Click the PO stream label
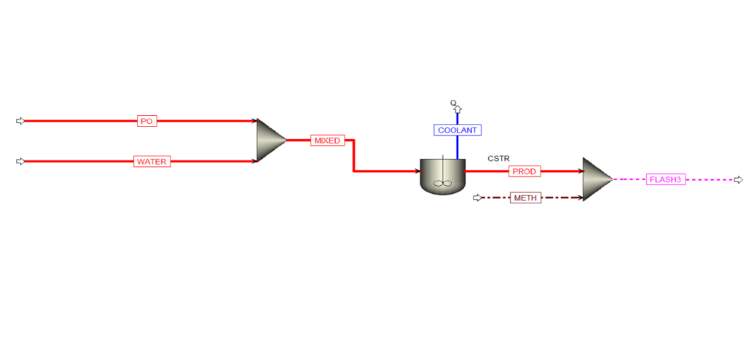(146, 121)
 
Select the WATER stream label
(152, 162)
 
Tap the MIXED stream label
(327, 141)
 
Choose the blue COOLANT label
(458, 130)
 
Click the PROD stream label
(525, 171)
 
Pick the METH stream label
(526, 198)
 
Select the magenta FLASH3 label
(666, 179)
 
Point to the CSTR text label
(498, 159)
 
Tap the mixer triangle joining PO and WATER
(270, 140)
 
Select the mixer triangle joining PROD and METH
(597, 179)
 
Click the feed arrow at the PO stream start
(20, 121)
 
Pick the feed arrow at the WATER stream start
(20, 162)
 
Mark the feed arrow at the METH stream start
(477, 197)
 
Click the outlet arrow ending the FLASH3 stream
(739, 179)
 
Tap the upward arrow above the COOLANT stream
(458, 109)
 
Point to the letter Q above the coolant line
(453, 102)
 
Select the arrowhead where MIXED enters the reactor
(417, 171)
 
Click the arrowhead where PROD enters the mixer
(580, 171)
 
